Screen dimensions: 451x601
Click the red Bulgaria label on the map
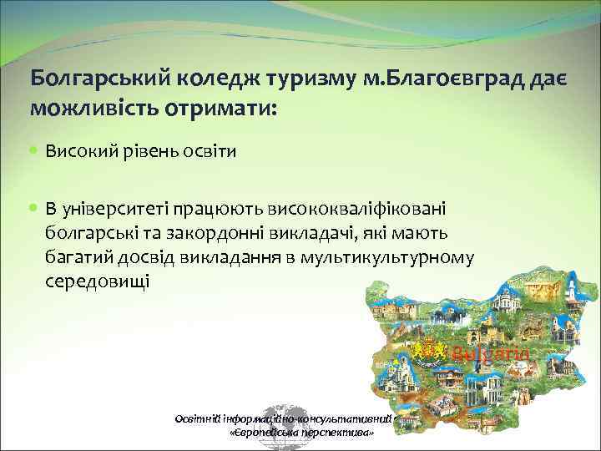[491, 354]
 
